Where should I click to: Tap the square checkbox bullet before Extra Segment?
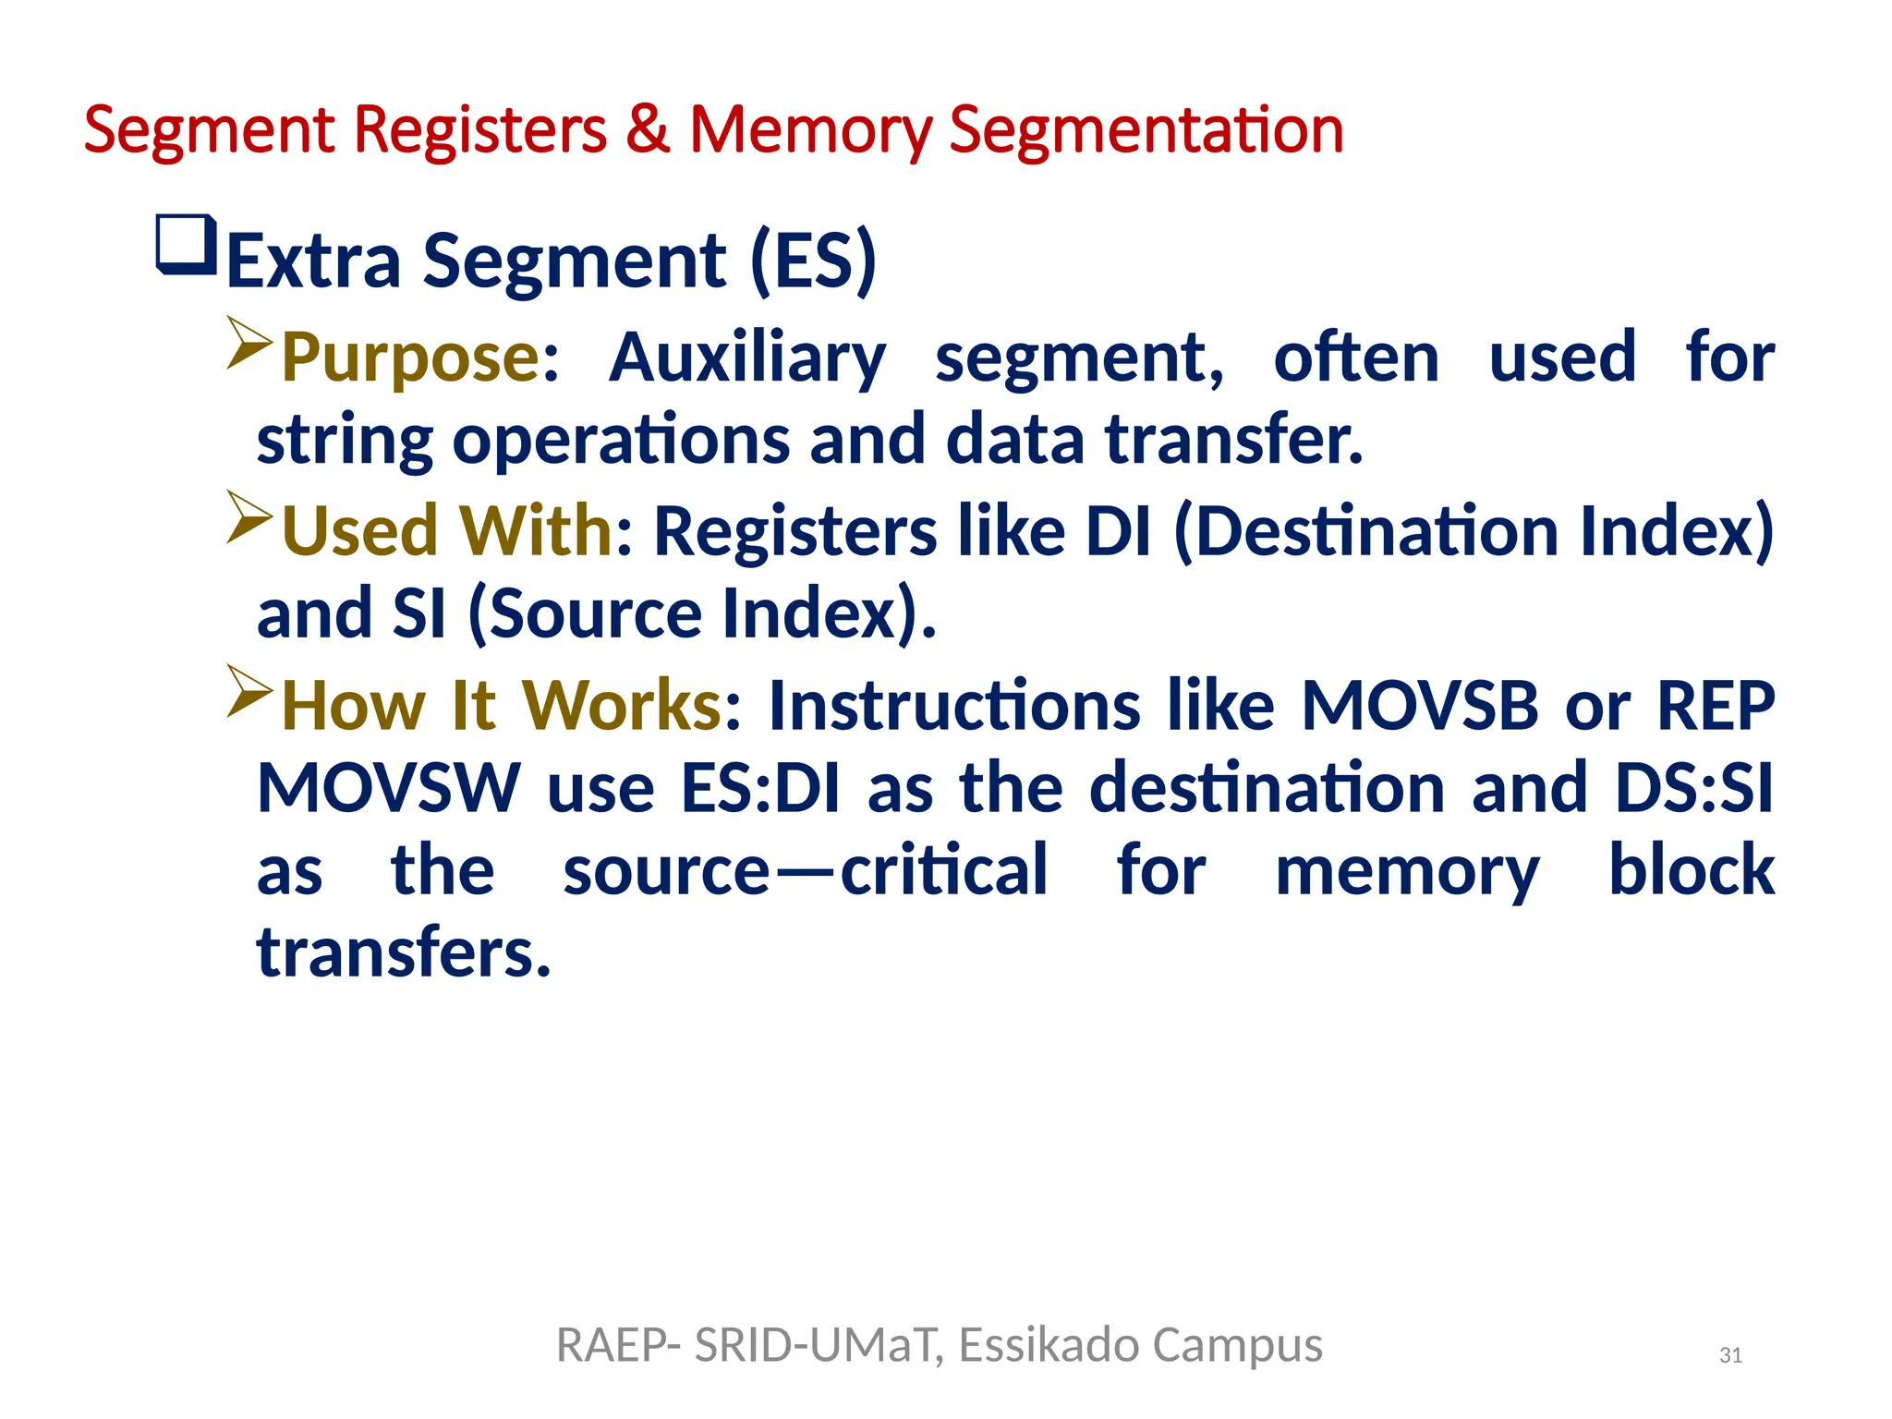(x=187, y=245)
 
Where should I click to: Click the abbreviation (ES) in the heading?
(x=813, y=262)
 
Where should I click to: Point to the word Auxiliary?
(x=747, y=358)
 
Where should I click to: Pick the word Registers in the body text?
(x=795, y=532)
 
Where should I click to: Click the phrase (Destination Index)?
(x=1474, y=532)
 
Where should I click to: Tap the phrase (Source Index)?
(x=701, y=614)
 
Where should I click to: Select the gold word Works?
(x=622, y=706)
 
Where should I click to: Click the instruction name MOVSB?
(x=1419, y=706)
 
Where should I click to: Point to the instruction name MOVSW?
(x=389, y=788)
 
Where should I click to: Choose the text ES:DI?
(x=760, y=788)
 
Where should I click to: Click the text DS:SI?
(x=1693, y=788)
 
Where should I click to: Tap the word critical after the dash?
(x=943, y=870)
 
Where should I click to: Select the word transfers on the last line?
(x=404, y=953)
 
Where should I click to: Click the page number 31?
(x=1730, y=1355)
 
